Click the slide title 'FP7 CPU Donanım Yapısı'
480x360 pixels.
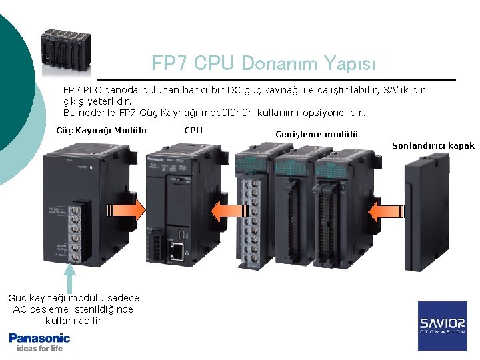(263, 63)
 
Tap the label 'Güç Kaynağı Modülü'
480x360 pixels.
(103, 130)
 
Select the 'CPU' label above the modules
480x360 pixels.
(193, 130)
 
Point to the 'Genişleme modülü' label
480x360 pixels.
(317, 134)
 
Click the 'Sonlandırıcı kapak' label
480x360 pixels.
(433, 145)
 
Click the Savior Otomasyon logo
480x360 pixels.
(442, 326)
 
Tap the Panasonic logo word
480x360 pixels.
(39, 338)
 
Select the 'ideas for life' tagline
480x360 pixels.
(39, 349)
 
